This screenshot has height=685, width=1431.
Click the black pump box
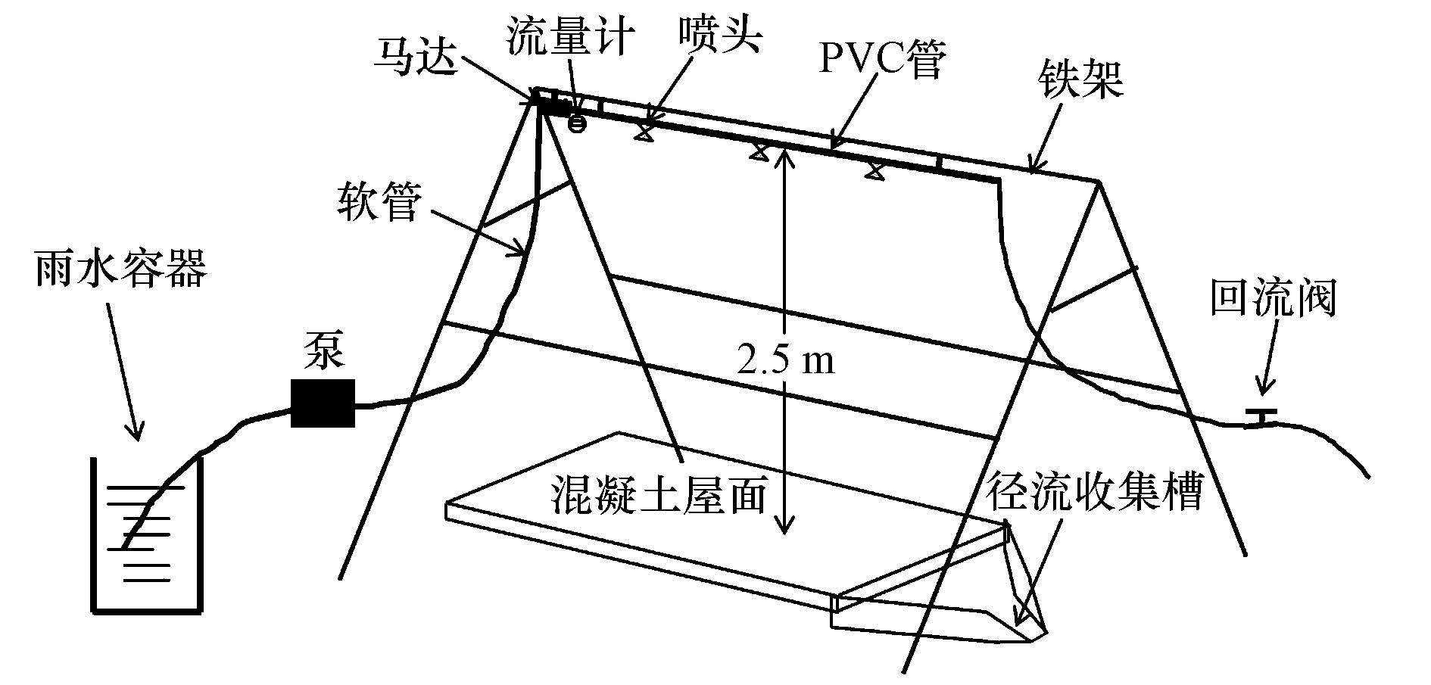[x=323, y=403]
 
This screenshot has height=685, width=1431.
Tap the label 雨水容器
[x=120, y=270]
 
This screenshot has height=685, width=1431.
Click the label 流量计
[x=569, y=36]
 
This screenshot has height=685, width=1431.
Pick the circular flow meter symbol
[x=577, y=123]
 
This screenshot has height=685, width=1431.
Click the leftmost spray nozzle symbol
[x=644, y=133]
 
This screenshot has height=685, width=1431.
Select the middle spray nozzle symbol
[x=758, y=151]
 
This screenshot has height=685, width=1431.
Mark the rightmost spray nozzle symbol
[x=874, y=171]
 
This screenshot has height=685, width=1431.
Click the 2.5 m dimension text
[x=785, y=360]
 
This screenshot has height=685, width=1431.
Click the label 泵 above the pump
[x=323, y=351]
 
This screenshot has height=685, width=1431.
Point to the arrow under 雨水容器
[x=123, y=372]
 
